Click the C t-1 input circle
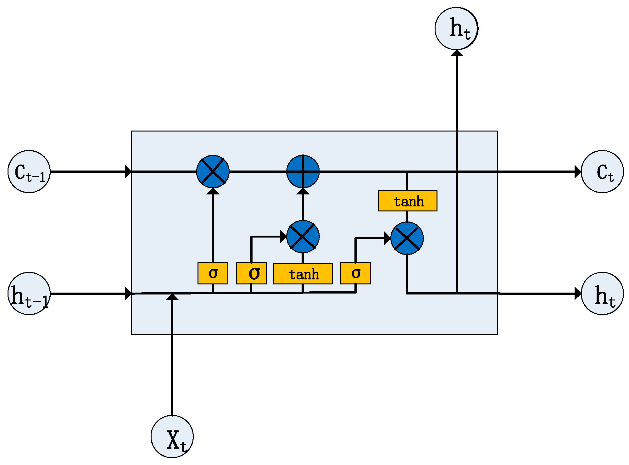click(x=29, y=171)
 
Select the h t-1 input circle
click(x=29, y=294)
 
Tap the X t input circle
click(x=172, y=436)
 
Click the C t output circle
click(x=602, y=171)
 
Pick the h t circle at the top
click(x=456, y=28)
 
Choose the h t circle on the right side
click(x=602, y=294)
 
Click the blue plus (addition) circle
click(x=303, y=171)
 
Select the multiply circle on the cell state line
click(x=213, y=171)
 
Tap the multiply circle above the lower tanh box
click(x=303, y=237)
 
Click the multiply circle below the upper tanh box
click(x=407, y=238)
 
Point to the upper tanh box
click(x=408, y=201)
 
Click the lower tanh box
click(x=303, y=274)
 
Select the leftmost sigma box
click(x=213, y=273)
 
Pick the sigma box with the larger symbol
click(x=251, y=273)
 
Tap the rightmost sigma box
click(x=355, y=273)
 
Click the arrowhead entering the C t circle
click(x=578, y=172)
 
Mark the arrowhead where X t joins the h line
click(x=172, y=297)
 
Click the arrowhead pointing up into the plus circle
click(x=303, y=191)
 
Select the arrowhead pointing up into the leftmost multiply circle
click(x=213, y=191)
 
